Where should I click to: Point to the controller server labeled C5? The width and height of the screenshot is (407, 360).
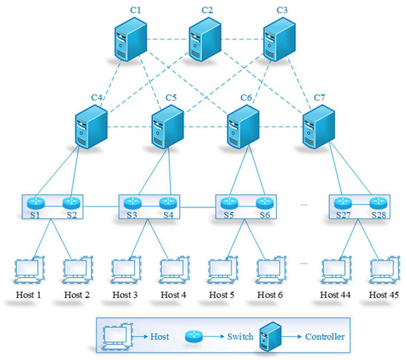click(167, 128)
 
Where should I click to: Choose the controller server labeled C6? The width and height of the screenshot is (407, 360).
click(241, 128)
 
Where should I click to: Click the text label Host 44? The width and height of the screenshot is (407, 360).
click(334, 296)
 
